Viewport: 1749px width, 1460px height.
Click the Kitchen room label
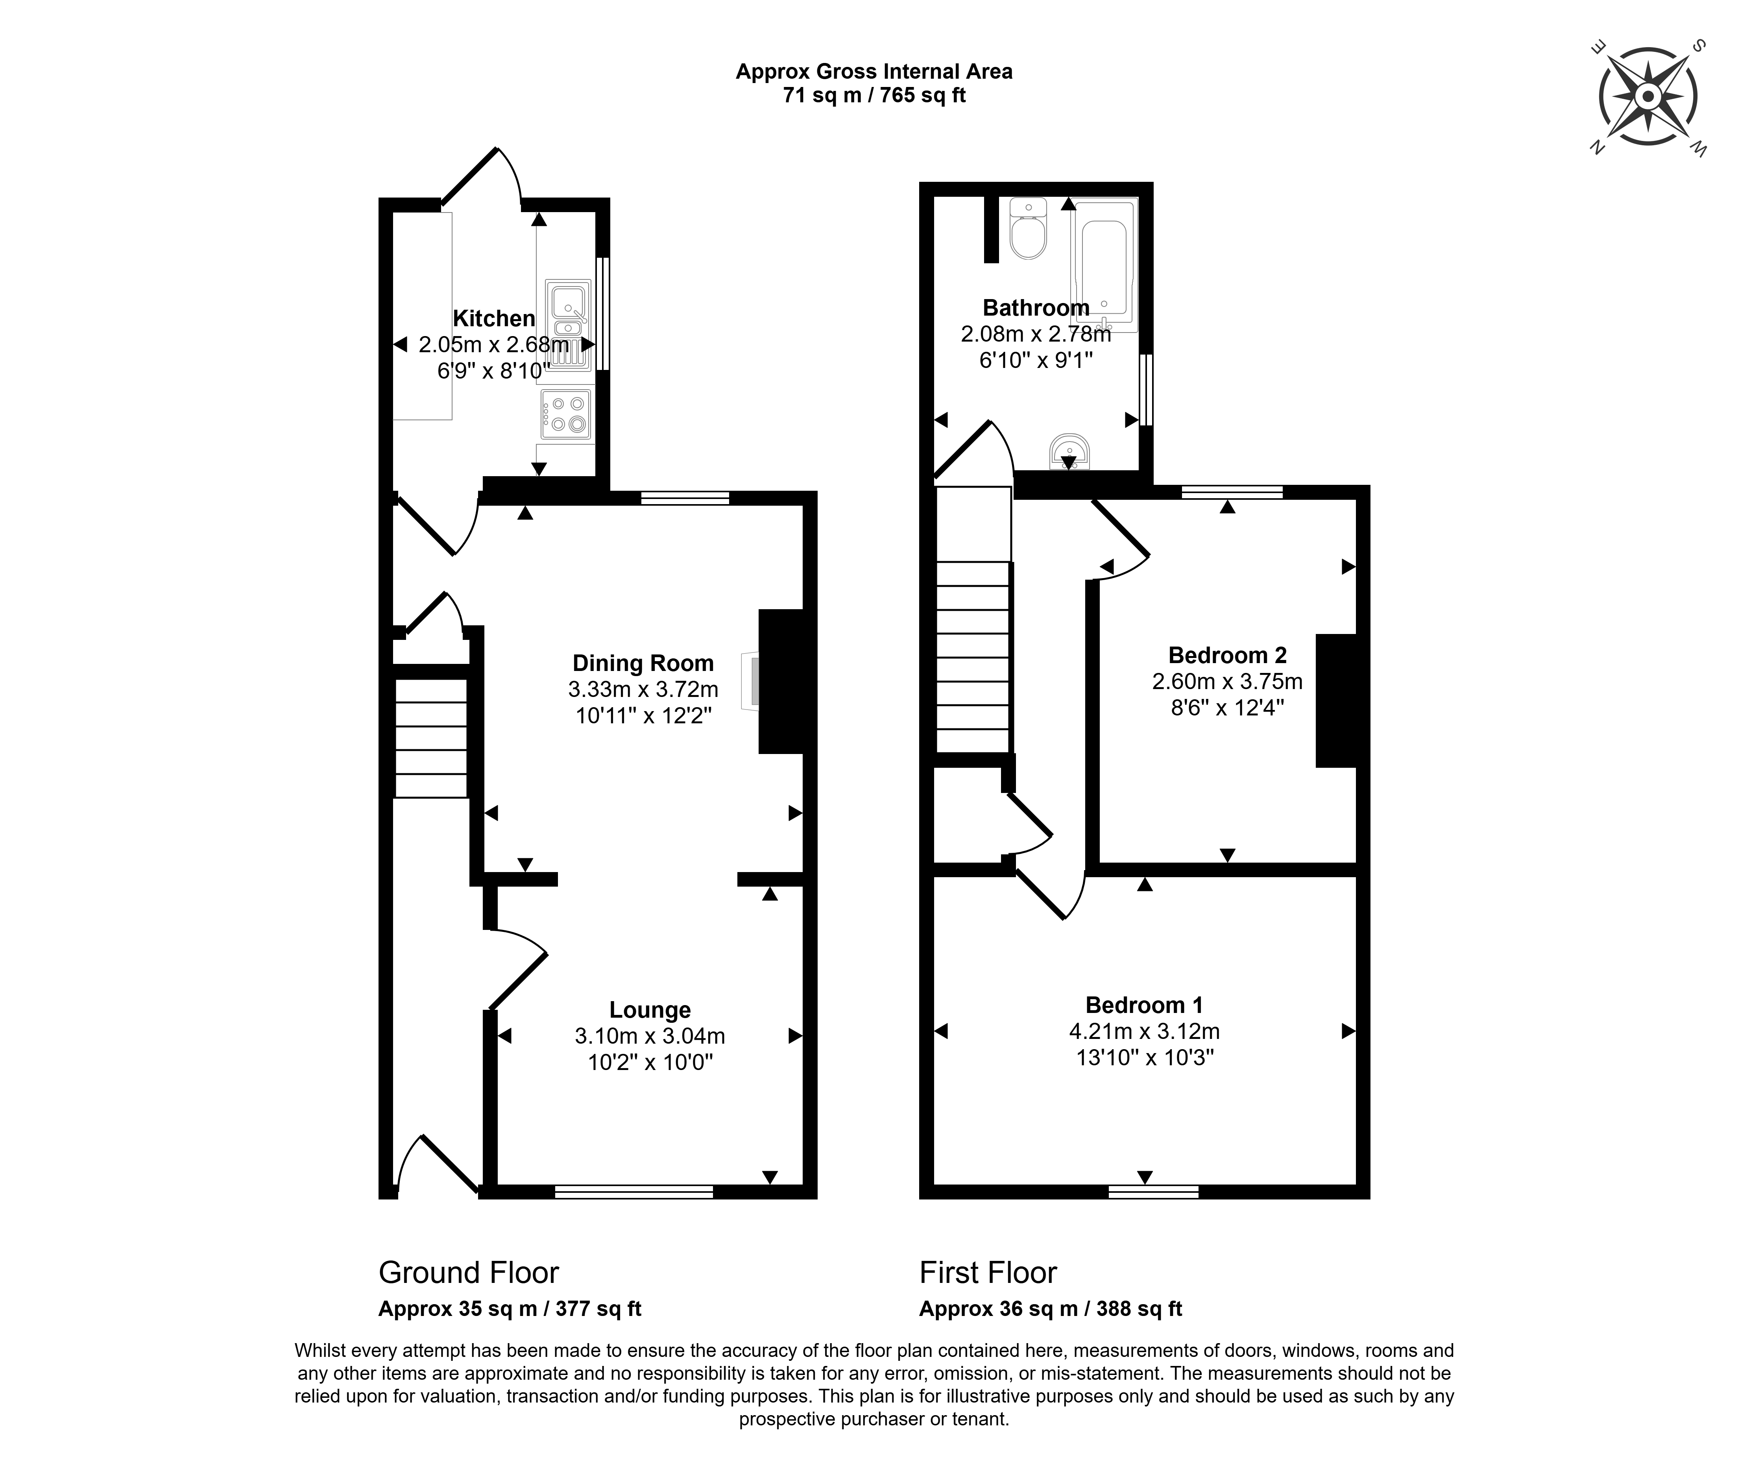tap(494, 318)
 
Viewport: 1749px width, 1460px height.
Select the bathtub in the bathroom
tap(1104, 265)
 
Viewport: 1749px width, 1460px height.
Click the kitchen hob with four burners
tap(565, 414)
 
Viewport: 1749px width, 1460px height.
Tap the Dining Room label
tap(643, 663)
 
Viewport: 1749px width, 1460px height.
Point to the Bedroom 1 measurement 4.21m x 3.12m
tap(1144, 1031)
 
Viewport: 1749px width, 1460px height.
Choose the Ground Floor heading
tap(469, 1273)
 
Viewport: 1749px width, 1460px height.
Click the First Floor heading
tap(988, 1273)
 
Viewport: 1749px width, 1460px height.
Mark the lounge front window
tap(634, 1192)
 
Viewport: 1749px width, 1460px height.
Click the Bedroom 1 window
tap(1154, 1192)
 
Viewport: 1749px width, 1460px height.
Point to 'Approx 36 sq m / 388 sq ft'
tap(1051, 1308)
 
